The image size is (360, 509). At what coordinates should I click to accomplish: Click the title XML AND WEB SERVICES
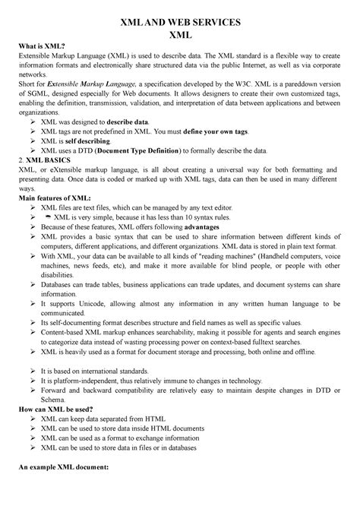click(x=180, y=22)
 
